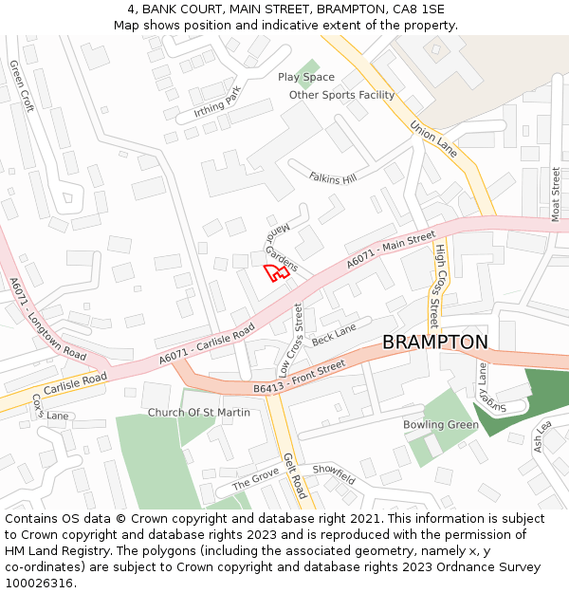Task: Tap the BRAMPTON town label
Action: [434, 343]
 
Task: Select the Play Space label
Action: [305, 77]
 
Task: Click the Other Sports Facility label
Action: [341, 95]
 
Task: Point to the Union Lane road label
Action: [433, 139]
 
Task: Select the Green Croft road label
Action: [22, 86]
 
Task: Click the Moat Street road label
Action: [556, 195]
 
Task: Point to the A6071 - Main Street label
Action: [391, 249]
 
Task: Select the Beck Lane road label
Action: [334, 334]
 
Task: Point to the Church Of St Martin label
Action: [199, 413]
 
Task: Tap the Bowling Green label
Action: [441, 424]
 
